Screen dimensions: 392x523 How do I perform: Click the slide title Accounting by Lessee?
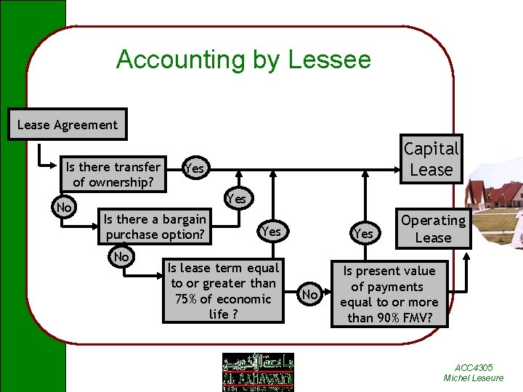243,60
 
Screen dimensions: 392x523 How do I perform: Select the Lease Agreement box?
67,125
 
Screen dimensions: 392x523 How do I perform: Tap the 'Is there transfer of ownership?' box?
113,174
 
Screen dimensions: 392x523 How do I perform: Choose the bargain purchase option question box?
155,226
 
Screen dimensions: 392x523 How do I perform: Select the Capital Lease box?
431,160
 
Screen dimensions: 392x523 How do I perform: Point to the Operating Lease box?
433,229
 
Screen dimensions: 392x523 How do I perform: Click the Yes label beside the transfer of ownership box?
195,168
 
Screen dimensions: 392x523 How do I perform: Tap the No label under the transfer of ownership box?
64,208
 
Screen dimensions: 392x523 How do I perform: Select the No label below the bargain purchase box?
121,257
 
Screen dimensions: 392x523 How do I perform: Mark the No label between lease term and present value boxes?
309,294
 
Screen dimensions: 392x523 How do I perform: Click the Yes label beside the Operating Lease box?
363,233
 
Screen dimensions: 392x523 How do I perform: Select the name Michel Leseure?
473,378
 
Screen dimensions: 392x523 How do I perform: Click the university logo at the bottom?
257,372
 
